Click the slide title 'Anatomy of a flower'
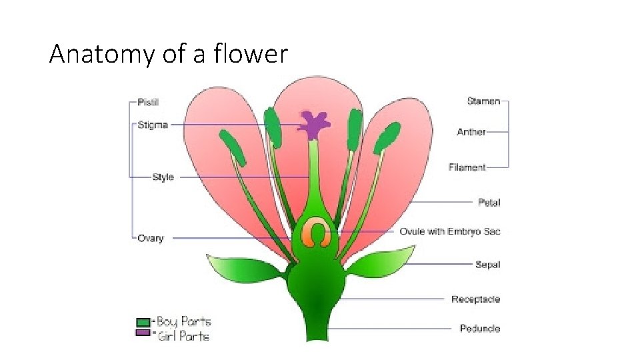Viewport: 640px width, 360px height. click(168, 54)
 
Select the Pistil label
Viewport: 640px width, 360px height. click(147, 102)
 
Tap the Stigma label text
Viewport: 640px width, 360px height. click(152, 125)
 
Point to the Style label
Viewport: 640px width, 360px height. click(163, 177)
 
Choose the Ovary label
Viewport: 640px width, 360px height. click(150, 238)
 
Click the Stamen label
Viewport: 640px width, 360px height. click(483, 101)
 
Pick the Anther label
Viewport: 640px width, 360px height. click(471, 132)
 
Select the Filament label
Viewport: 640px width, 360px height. click(467, 167)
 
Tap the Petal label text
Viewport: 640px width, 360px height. click(489, 202)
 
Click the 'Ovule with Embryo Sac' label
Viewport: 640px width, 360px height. click(449, 231)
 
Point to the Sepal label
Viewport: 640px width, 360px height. click(487, 265)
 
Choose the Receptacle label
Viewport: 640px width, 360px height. click(475, 299)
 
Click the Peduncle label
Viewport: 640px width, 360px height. click(479, 329)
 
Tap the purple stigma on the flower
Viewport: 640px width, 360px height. click(313, 124)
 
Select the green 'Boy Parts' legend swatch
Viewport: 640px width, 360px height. click(143, 322)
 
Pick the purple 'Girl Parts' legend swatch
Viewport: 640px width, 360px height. click(143, 333)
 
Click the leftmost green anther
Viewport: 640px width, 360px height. click(232, 147)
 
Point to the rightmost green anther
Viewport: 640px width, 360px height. click(387, 138)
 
